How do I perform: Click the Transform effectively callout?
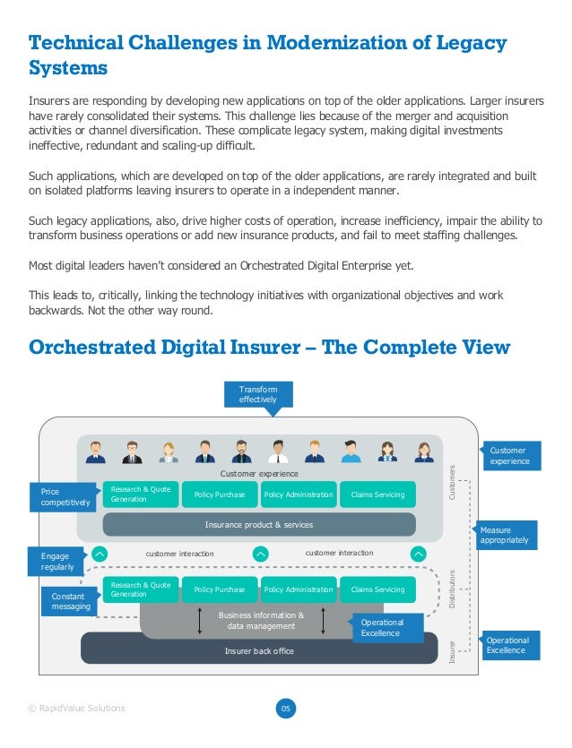258,394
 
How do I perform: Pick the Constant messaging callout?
71,600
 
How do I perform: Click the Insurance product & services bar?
259,524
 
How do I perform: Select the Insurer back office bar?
259,650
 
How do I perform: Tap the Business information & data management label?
261,621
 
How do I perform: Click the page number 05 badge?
286,709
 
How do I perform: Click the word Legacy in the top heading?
467,42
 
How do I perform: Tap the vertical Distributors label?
453,589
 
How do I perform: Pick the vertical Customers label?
453,482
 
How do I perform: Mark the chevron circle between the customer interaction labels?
260,554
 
